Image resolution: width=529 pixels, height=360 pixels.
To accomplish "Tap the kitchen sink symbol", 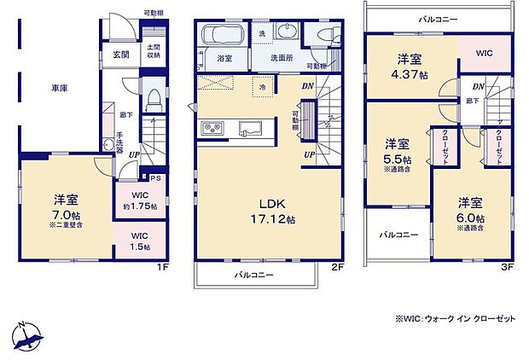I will point(250,129).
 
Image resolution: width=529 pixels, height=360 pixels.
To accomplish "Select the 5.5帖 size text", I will point(397,160).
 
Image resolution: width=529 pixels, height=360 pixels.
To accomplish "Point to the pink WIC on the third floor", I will point(485,53).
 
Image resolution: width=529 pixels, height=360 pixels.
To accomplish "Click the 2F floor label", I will point(337,267).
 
